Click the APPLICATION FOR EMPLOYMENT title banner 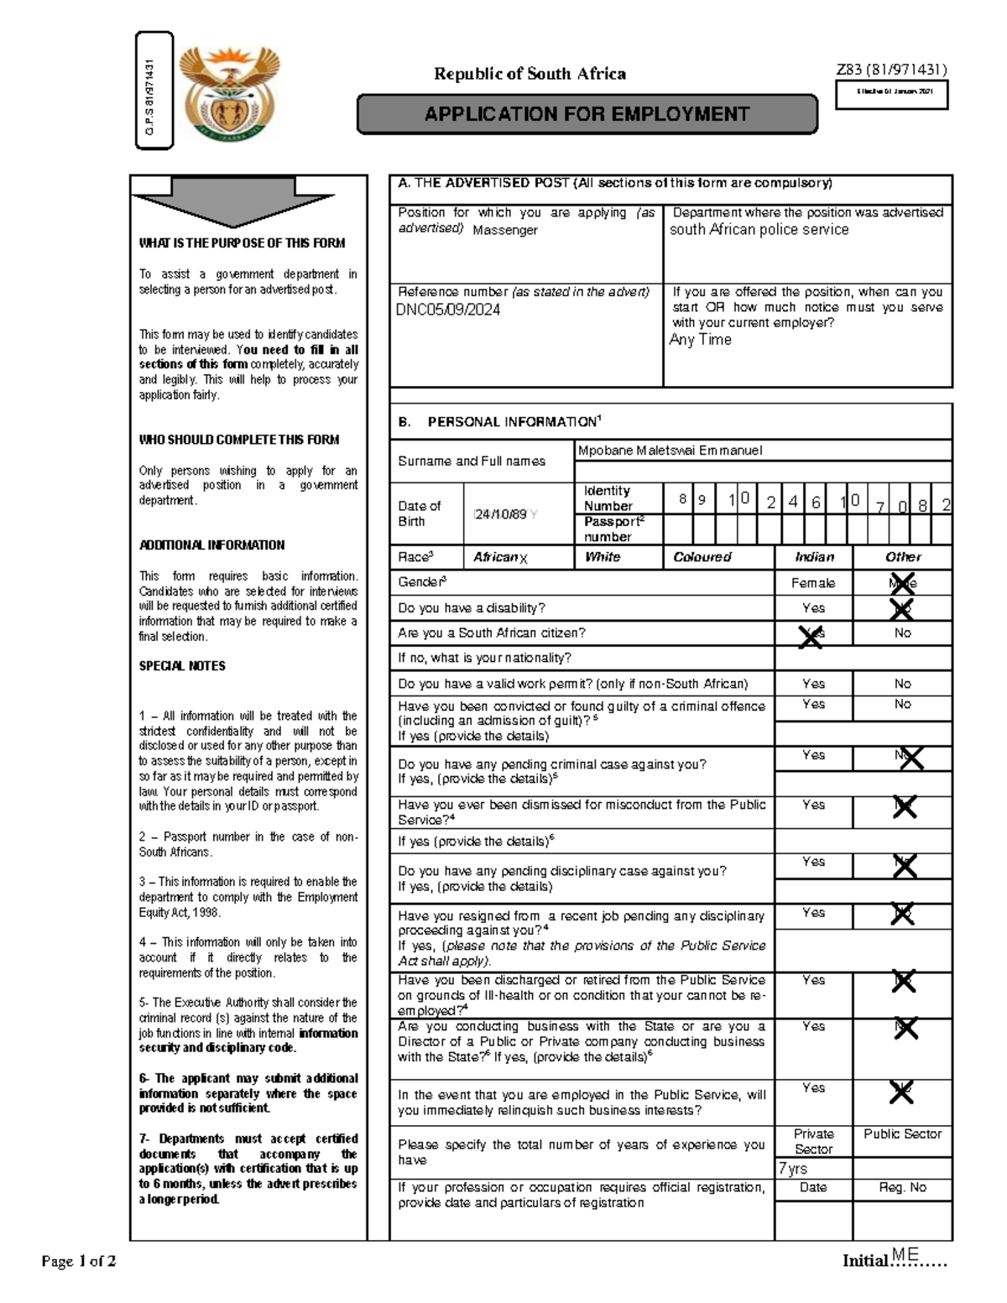[x=587, y=115]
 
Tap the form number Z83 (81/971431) [x=891, y=70]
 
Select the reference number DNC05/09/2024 [x=448, y=310]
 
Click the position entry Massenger [x=505, y=230]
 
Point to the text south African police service [x=759, y=229]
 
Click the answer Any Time [x=700, y=340]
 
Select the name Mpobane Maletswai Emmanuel [x=670, y=451]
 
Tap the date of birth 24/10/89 [x=500, y=513]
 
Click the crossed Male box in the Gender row [x=902, y=583]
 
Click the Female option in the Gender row [x=812, y=583]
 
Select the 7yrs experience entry [x=793, y=1169]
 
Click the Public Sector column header [x=902, y=1134]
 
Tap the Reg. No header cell [x=902, y=1187]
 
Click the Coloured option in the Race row [x=702, y=557]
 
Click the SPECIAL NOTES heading [x=182, y=666]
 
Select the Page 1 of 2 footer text [x=79, y=1261]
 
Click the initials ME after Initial [x=905, y=1254]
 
